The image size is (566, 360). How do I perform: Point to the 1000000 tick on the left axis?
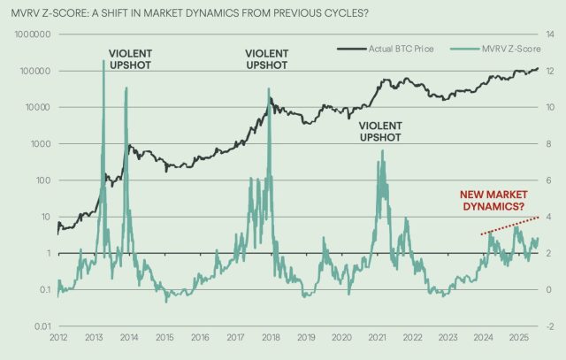pyautogui.click(x=31, y=34)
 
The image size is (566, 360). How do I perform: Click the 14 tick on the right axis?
pyautogui.click(x=547, y=34)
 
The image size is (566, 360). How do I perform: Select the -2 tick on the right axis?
pyautogui.click(x=547, y=327)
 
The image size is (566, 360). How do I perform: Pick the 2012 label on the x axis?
pyautogui.click(x=59, y=338)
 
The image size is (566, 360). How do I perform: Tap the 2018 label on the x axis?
pyautogui.click(x=271, y=338)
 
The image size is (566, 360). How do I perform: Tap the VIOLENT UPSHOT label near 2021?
pyautogui.click(x=381, y=132)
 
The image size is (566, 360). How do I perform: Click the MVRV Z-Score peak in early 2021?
pyautogui.click(x=383, y=151)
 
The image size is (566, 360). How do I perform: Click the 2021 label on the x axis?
pyautogui.click(x=377, y=338)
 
